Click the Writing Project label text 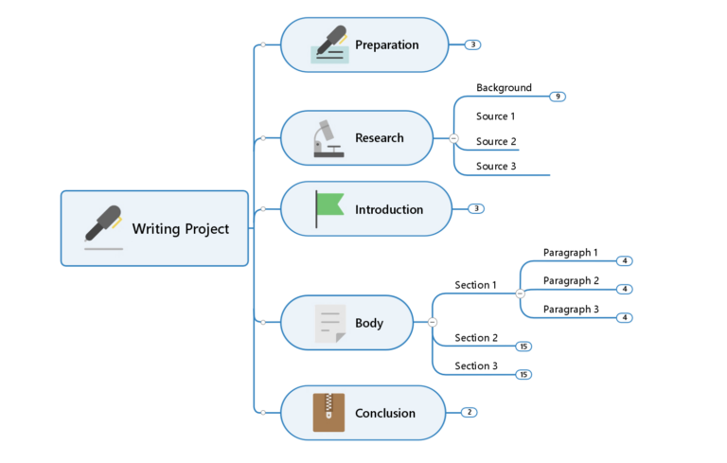tap(180, 228)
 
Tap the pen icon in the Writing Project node tap(103, 223)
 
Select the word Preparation tap(386, 45)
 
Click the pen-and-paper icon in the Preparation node tap(329, 45)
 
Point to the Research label tap(379, 137)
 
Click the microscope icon tap(328, 137)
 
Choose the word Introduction tap(388, 209)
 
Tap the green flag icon tap(328, 208)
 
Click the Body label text tap(369, 323)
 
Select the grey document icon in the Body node tap(329, 323)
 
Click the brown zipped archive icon tap(328, 413)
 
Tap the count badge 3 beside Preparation tap(473, 45)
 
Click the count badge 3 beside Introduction tap(476, 208)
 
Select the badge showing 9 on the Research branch tap(558, 97)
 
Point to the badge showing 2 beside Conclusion tap(469, 413)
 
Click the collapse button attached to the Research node tap(453, 138)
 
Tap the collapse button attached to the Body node tap(433, 323)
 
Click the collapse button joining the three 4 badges tap(520, 294)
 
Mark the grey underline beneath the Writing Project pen tap(103, 248)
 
